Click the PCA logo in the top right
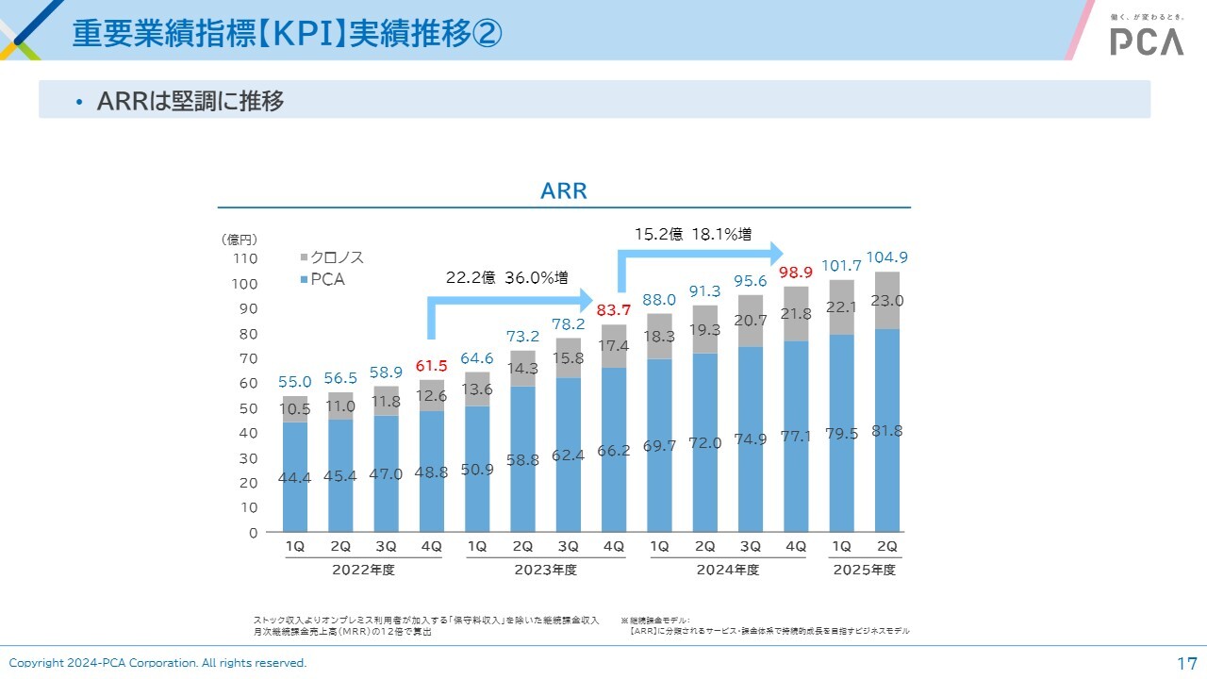click(x=1146, y=41)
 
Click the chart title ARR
click(x=564, y=191)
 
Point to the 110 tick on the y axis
click(x=244, y=258)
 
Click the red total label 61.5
click(x=431, y=366)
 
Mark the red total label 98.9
click(x=796, y=273)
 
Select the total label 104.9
click(x=886, y=257)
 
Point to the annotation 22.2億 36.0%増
click(x=506, y=278)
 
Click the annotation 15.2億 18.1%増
click(x=692, y=235)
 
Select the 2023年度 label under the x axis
click(x=545, y=571)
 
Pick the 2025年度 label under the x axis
click(x=864, y=571)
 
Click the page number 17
click(x=1186, y=663)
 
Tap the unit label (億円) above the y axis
click(x=239, y=240)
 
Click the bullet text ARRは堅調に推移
click(x=190, y=101)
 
